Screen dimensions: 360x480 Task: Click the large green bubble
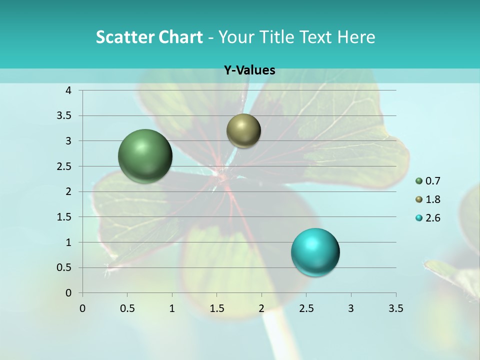click(x=145, y=156)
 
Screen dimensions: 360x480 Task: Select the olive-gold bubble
click(x=243, y=130)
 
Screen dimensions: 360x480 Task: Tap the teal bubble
click(x=315, y=252)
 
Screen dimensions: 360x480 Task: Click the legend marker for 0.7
click(x=419, y=181)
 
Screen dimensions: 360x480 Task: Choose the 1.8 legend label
click(x=432, y=199)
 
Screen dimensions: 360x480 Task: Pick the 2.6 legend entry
click(x=432, y=218)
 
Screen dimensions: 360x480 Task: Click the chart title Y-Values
click(x=249, y=70)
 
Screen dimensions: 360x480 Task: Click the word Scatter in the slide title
click(x=123, y=37)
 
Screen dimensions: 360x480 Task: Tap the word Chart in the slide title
click(x=179, y=37)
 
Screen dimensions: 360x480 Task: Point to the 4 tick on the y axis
click(x=68, y=90)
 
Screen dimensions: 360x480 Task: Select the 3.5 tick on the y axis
click(x=64, y=116)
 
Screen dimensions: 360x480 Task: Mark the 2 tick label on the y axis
click(x=68, y=191)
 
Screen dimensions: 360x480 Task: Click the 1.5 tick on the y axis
click(x=64, y=217)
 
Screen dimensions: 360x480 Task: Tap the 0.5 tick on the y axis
click(x=64, y=267)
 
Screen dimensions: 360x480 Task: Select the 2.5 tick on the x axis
click(x=306, y=308)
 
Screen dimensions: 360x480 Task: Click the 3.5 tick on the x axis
click(x=395, y=308)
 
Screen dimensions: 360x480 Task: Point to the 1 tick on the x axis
click(x=172, y=308)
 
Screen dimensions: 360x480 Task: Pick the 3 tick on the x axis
click(x=351, y=308)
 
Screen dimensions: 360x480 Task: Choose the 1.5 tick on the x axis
click(x=216, y=308)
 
